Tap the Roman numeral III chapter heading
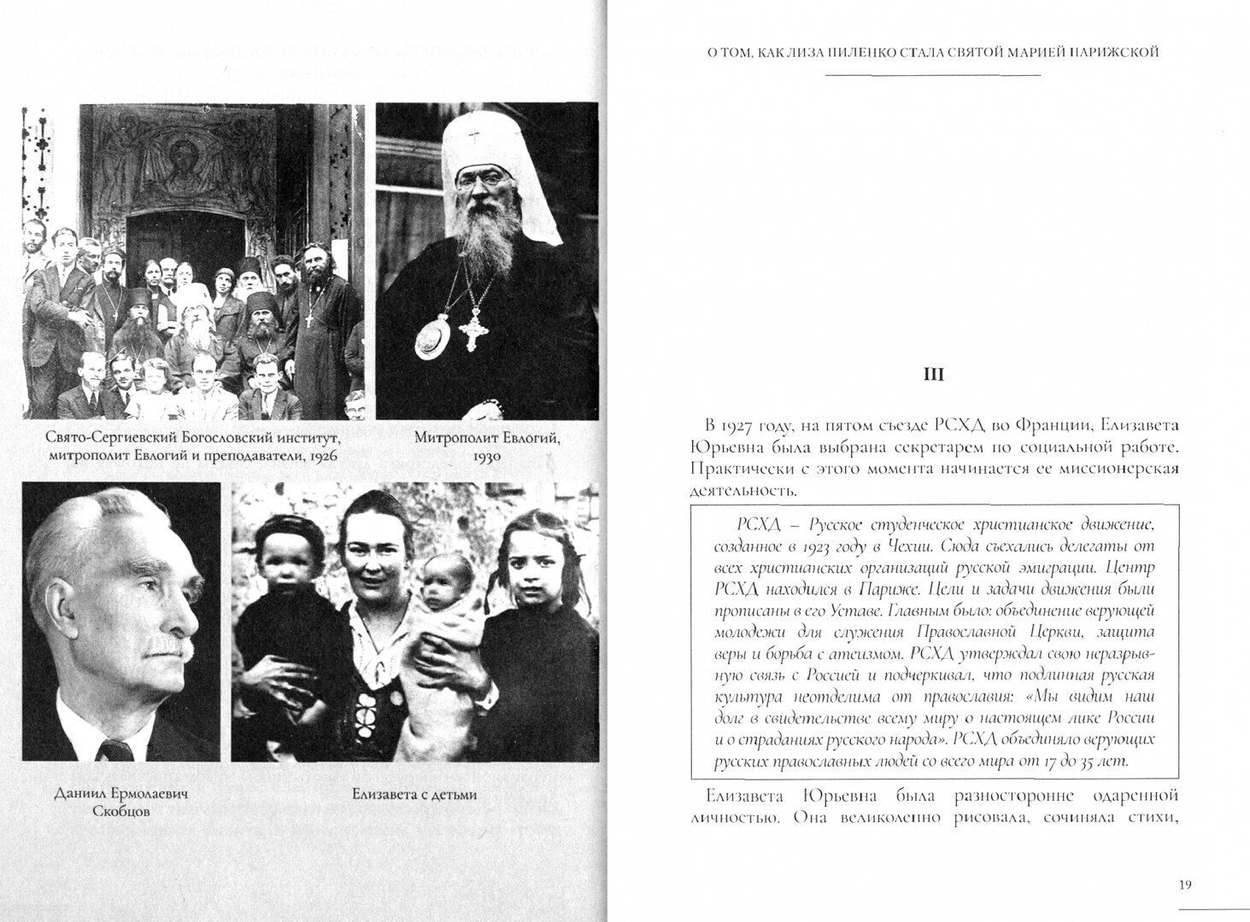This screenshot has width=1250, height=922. [934, 374]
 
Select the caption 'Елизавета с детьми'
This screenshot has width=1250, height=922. [414, 794]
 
